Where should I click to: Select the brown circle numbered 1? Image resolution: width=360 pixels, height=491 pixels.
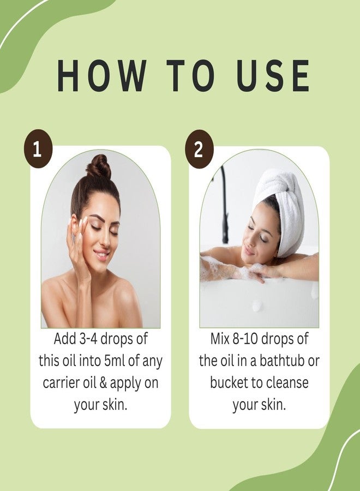tap(38, 149)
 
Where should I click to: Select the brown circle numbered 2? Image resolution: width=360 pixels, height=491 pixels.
tap(199, 149)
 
